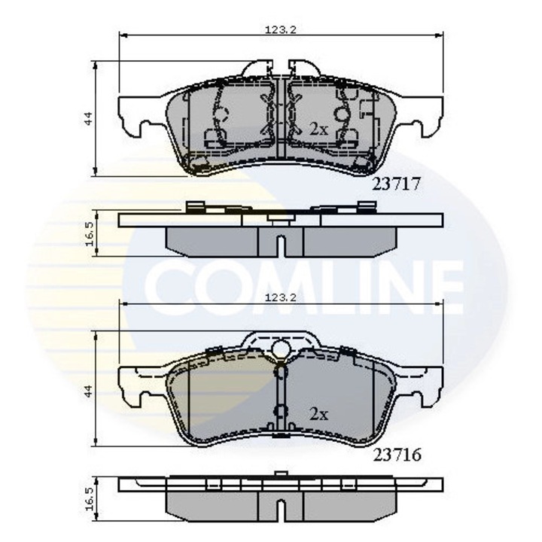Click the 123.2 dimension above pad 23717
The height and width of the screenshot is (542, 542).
point(281,30)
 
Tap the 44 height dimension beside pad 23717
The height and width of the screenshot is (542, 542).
point(88,118)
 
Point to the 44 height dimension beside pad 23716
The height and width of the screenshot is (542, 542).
point(88,391)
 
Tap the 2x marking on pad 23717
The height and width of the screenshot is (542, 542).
point(318,129)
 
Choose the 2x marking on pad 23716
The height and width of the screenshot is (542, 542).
point(318,413)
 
